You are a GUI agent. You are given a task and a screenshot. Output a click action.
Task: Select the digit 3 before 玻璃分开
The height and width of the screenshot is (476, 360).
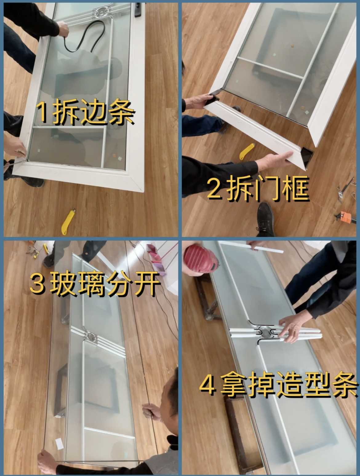[x=37, y=284]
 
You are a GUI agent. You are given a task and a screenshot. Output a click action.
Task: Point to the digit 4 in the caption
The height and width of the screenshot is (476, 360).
[x=207, y=385]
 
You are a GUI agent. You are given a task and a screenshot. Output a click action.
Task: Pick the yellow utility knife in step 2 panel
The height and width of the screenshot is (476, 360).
[x=246, y=151]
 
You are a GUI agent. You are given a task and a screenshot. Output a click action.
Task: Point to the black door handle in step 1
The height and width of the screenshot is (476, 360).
[x=138, y=10]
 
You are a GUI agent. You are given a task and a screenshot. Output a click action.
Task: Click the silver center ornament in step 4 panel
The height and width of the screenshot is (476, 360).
[x=264, y=332]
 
